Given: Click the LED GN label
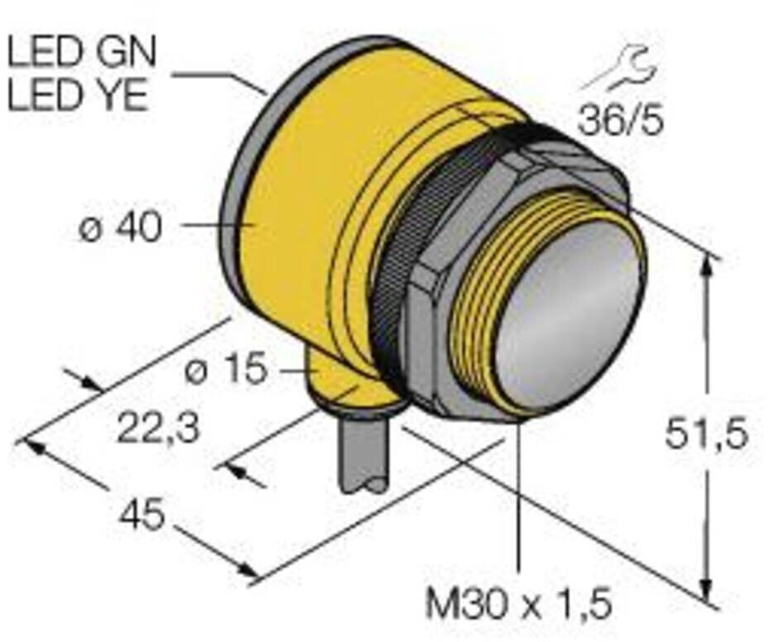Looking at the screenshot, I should [80, 54].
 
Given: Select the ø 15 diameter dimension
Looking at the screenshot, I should [225, 371].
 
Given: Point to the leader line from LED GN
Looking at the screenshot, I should [219, 77].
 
